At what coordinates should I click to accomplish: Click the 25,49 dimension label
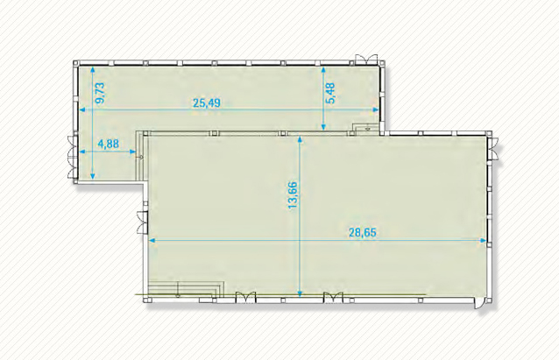[207, 103]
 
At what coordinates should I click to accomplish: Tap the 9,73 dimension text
[101, 93]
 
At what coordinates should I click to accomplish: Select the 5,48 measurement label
[330, 93]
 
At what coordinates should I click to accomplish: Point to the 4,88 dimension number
[109, 144]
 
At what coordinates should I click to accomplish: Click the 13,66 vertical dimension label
[293, 195]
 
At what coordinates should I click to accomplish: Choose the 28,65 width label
[362, 233]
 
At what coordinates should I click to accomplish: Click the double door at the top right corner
[366, 59]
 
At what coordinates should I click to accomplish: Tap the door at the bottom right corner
[478, 304]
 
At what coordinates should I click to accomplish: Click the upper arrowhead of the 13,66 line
[300, 139]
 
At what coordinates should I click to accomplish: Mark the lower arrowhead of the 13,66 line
[300, 294]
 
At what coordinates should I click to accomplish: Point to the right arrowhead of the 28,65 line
[484, 241]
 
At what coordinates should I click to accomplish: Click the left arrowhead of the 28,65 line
[152, 241]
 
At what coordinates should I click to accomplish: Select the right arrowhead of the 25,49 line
[375, 109]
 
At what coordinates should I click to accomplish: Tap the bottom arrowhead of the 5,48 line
[323, 126]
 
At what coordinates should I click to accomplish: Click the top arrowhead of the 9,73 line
[93, 70]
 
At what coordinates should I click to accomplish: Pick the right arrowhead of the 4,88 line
[132, 152]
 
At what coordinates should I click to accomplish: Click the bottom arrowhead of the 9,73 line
[93, 176]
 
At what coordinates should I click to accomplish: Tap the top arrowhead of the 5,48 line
[323, 70]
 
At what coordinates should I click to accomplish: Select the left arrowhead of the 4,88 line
[82, 152]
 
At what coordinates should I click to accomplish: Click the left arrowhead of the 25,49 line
[82, 109]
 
